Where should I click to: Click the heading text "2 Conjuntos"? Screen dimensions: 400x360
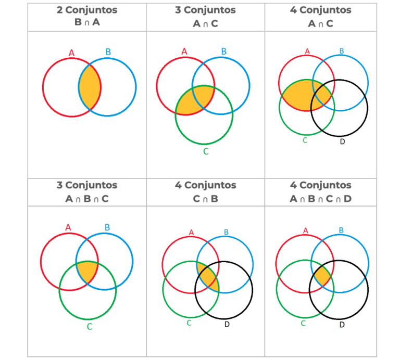coord(87,10)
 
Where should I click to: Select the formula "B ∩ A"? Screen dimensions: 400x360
coord(87,22)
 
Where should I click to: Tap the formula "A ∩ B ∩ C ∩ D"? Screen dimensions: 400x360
coord(320,199)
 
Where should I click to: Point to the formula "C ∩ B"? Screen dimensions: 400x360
coord(205,199)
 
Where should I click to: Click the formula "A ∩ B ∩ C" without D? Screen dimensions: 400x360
coord(87,199)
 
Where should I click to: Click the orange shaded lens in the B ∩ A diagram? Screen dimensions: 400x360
coord(90,87)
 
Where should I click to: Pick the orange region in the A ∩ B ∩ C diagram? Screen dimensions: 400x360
coord(87,272)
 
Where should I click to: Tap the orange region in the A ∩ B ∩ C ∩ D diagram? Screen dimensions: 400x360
coord(322,276)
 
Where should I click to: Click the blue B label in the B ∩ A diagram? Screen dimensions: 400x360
coord(108,52)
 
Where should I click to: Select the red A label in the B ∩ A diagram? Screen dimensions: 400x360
coord(71,53)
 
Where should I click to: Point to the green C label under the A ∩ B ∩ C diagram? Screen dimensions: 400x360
coord(90,326)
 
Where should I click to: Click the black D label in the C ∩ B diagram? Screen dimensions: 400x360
coord(227,324)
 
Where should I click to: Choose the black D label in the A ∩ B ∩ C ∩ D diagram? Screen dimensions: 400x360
coord(342,325)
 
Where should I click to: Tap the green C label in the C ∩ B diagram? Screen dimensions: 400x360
coord(189,323)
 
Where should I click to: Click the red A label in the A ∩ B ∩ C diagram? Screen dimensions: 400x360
coord(68,227)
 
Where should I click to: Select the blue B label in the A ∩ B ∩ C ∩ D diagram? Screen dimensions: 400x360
coord(341,230)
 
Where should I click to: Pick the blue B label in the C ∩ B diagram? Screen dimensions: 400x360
coord(226,232)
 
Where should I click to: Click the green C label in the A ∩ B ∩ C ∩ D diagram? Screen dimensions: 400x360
coord(303,323)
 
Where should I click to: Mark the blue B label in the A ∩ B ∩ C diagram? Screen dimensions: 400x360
coord(107,227)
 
